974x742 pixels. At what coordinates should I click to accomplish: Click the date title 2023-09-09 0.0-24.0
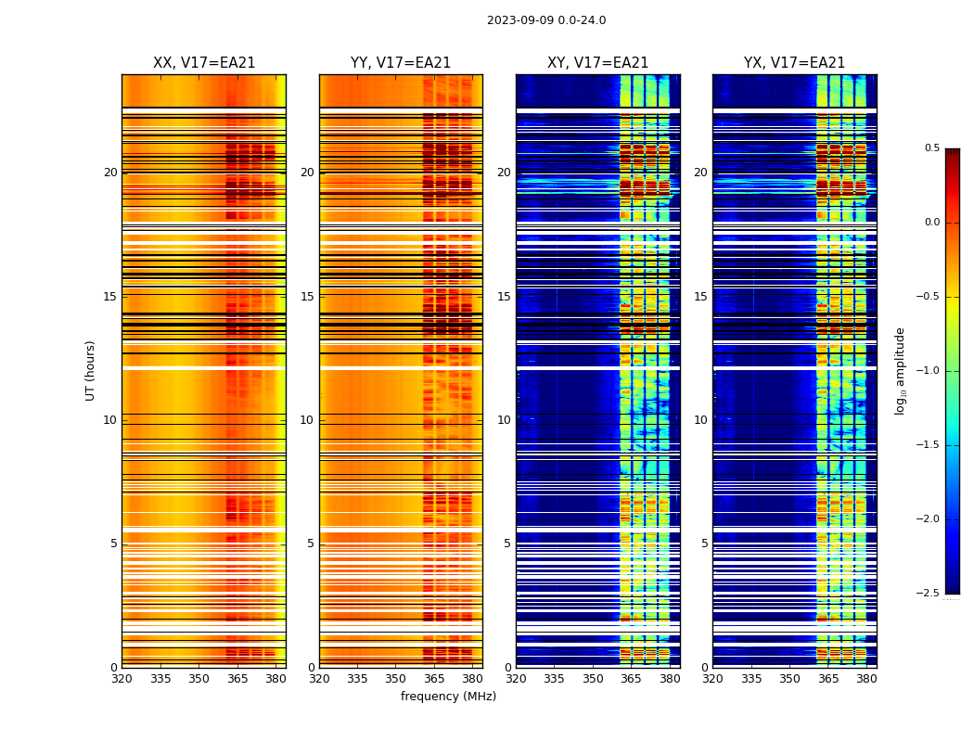point(546,20)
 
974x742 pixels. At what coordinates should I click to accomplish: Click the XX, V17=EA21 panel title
point(204,63)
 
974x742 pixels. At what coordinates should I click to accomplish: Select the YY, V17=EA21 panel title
point(401,63)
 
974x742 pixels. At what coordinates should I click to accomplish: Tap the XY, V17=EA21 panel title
point(597,63)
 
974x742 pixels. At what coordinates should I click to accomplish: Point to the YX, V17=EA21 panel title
point(794,63)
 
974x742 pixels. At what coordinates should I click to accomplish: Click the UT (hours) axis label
point(90,370)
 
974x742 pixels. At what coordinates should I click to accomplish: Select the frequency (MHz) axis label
point(448,697)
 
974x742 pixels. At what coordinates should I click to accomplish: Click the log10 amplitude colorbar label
point(900,370)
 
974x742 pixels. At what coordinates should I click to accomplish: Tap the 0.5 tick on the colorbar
point(931,148)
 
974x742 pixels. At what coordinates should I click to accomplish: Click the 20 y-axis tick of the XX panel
point(110,173)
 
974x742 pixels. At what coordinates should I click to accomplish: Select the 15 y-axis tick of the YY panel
point(307,297)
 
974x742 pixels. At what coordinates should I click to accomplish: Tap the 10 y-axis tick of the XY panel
point(504,420)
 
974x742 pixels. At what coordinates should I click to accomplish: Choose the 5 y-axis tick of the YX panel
point(705,544)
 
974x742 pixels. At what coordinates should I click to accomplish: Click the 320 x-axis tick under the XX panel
point(122,679)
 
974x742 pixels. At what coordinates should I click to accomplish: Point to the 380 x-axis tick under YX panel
point(866,679)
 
